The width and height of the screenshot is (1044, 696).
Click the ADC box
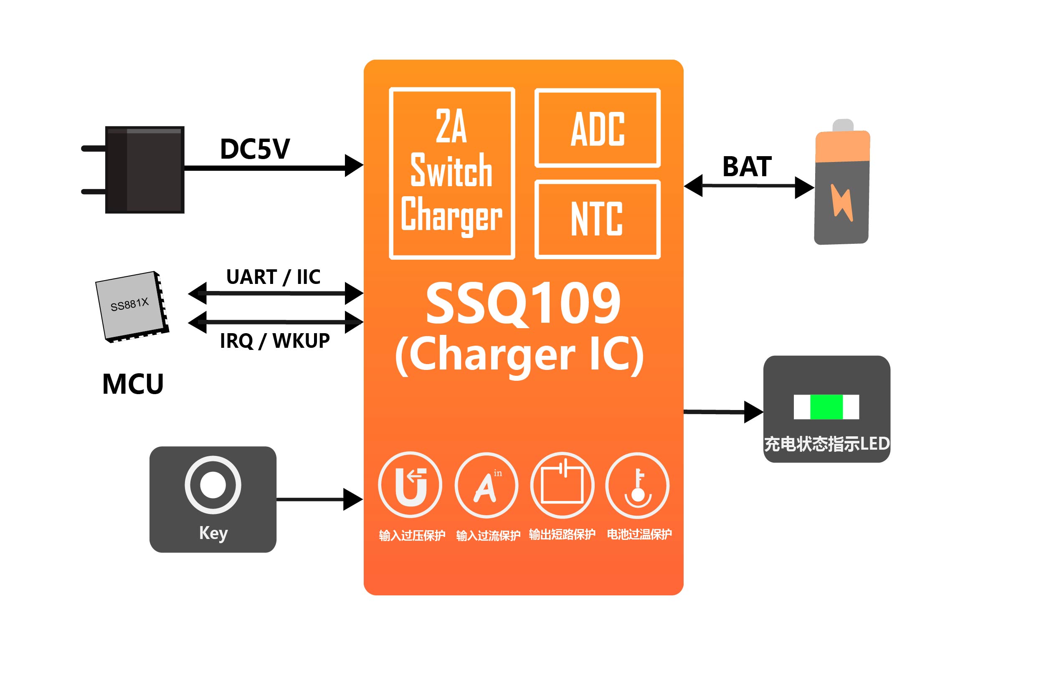tap(598, 128)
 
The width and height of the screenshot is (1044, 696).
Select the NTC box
tap(598, 219)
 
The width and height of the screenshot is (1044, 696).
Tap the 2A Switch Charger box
tap(452, 173)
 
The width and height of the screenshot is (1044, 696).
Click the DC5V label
tap(255, 149)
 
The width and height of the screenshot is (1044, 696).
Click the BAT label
tap(747, 167)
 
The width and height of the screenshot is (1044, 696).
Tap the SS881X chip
tap(132, 306)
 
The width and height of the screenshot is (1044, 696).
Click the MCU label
tap(133, 384)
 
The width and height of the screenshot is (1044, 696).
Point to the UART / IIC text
tap(273, 277)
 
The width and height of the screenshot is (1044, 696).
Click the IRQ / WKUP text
tap(275, 341)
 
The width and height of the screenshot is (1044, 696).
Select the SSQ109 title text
tap(523, 304)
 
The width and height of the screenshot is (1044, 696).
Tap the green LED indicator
tap(826, 407)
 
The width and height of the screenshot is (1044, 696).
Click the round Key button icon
tap(213, 485)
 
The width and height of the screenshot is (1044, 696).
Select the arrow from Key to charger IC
tap(319, 499)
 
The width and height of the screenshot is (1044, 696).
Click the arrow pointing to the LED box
tap(723, 412)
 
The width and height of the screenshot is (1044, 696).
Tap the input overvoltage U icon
tap(410, 485)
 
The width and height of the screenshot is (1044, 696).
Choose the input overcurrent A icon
tap(486, 485)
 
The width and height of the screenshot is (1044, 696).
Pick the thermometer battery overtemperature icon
tap(637, 485)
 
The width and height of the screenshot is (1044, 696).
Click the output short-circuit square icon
tap(562, 485)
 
